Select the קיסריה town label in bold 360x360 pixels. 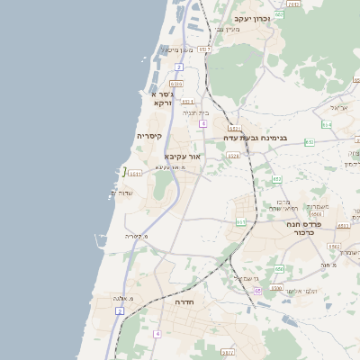pyautogui.click(x=148, y=136)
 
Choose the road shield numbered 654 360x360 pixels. pyautogui.click(x=326, y=124)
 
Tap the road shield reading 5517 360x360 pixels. pyautogui.click(x=204, y=49)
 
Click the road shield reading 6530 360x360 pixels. pyautogui.click(x=276, y=288)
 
